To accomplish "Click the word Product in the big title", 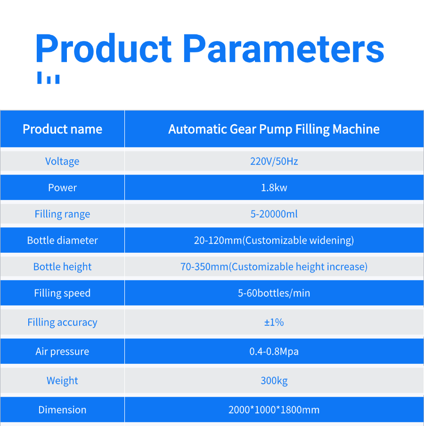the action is (x=103, y=48).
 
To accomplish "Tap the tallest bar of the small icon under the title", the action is (x=40, y=78).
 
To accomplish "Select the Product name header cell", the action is (x=62, y=129).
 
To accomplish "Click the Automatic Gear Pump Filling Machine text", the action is (x=274, y=129).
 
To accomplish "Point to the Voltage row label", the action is (x=62, y=161).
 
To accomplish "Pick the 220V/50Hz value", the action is (x=274, y=161).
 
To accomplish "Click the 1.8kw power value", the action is (x=274, y=188).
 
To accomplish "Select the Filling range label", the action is (x=62, y=214).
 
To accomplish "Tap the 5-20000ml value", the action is (x=274, y=214).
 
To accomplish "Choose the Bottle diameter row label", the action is (x=62, y=241).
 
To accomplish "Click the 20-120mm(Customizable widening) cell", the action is (x=274, y=241).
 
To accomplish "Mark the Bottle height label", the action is (x=62, y=267).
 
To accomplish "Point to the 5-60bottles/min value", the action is (x=274, y=293).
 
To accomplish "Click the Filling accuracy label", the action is (x=62, y=322).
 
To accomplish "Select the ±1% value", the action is (x=274, y=322).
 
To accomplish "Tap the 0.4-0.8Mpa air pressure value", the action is (x=274, y=352).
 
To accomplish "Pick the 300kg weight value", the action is (x=274, y=381).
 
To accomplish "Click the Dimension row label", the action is (x=62, y=410).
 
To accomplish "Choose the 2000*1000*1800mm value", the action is (x=274, y=410).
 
